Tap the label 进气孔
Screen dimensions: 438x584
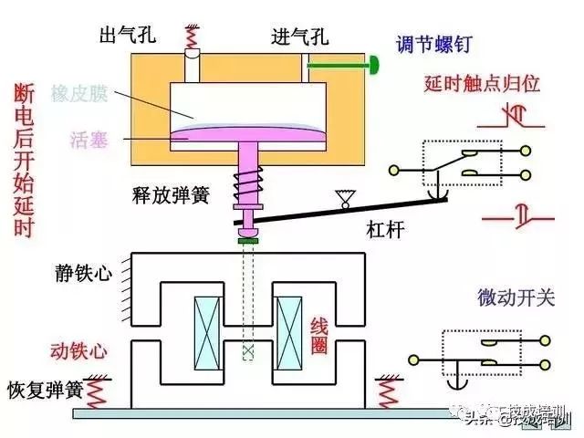click(x=300, y=38)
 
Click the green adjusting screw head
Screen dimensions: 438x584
click(x=374, y=65)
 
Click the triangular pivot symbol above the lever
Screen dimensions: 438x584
click(x=344, y=194)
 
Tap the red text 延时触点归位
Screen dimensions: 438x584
click(x=483, y=84)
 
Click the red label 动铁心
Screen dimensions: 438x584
click(x=84, y=351)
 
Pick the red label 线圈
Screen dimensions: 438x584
click(x=319, y=335)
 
